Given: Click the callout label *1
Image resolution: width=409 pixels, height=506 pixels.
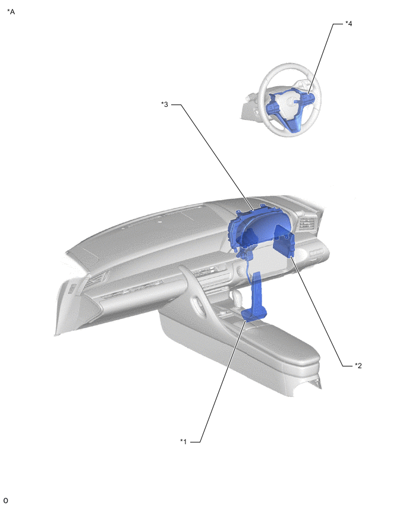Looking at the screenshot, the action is [x=183, y=441].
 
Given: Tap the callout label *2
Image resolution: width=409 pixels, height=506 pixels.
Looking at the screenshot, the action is [x=358, y=366].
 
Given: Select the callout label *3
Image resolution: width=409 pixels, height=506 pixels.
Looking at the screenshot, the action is [x=165, y=105].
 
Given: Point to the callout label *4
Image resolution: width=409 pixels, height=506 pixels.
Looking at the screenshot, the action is [x=348, y=24].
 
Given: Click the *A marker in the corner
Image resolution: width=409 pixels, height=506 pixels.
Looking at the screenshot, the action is [x=11, y=12].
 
